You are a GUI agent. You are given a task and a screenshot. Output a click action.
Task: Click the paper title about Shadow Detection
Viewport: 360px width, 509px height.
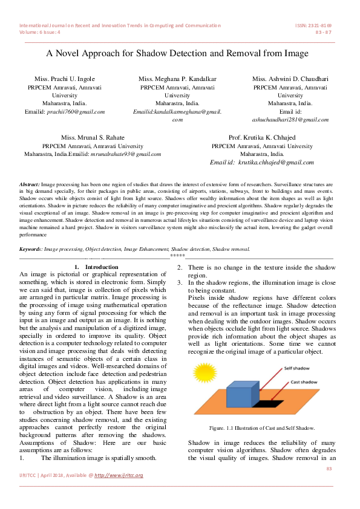pos(178,53)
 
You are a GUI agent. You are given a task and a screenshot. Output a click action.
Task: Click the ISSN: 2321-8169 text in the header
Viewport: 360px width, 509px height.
pos(313,25)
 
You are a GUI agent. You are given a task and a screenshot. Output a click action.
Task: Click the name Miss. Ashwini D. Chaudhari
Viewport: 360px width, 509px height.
pos(290,79)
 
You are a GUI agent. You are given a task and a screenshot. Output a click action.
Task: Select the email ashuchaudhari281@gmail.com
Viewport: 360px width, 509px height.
pos(290,120)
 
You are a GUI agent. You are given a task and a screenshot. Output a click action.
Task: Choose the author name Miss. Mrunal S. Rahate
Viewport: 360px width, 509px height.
pos(93,138)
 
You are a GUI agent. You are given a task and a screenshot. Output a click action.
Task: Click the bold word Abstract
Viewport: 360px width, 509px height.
pos(30,183)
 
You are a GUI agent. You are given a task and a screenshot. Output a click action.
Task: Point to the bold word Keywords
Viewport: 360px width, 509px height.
pos(31,248)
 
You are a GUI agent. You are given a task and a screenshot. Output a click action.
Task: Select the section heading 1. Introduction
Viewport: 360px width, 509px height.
pos(96,267)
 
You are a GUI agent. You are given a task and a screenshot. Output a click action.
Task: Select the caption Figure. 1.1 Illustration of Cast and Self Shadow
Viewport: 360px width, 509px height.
pos(261,428)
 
